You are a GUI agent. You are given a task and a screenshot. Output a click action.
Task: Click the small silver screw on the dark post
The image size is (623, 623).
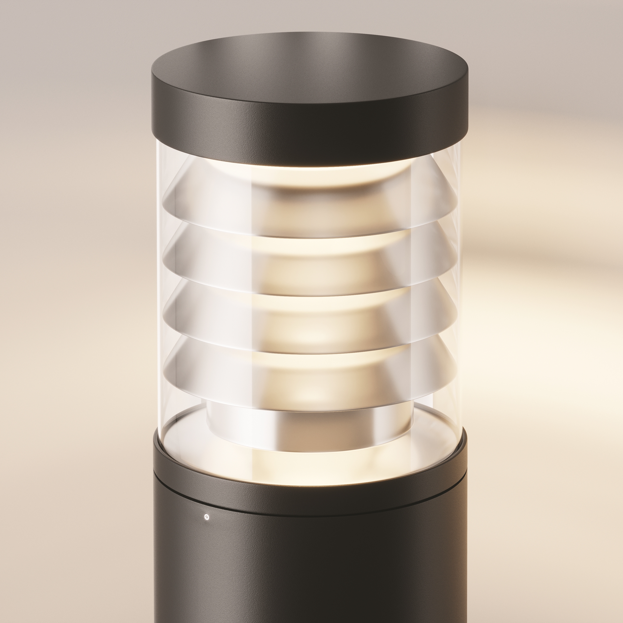click(x=207, y=517)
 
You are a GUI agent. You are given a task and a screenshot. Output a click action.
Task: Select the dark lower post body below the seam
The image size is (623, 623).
click(x=310, y=574)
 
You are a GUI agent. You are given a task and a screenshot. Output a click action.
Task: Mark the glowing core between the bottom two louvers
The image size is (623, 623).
click(x=310, y=350)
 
